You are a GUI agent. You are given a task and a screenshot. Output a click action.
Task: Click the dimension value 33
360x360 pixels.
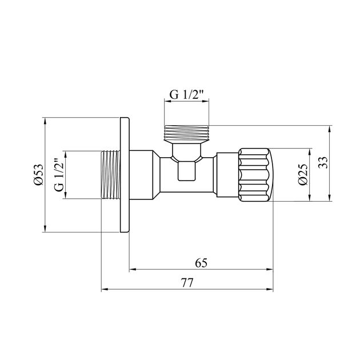pyautogui.click(x=323, y=163)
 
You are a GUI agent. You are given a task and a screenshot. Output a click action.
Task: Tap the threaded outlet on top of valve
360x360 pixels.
pyautogui.click(x=187, y=133)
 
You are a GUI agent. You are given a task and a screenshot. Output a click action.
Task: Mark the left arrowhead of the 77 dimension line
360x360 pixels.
pyautogui.click(x=104, y=289)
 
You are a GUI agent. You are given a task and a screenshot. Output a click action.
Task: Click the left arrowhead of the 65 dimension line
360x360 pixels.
pyautogui.click(x=130, y=269)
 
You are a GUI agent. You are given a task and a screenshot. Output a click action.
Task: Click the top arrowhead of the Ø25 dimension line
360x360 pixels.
pyautogui.click(x=309, y=153)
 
